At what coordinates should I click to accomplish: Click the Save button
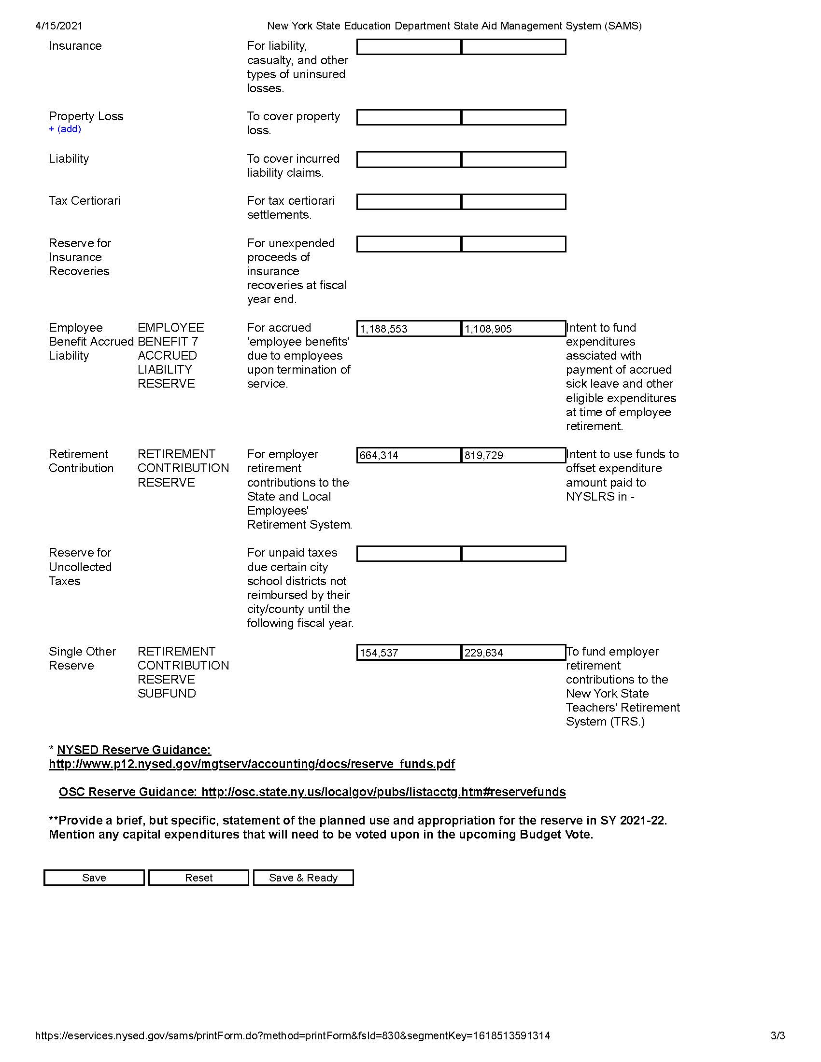[94, 878]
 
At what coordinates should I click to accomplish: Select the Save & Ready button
[303, 878]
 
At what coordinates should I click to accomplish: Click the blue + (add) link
[65, 129]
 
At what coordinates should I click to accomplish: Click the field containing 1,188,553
[409, 329]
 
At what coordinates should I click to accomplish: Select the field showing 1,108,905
[513, 329]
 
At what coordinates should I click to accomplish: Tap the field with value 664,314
[409, 455]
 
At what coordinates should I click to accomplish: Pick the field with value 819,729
[513, 455]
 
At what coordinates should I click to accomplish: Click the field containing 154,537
[409, 653]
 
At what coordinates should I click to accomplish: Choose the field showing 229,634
[513, 653]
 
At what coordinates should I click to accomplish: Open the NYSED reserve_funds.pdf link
[252, 764]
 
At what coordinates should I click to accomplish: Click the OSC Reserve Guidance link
[312, 792]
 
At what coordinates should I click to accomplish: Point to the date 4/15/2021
[59, 26]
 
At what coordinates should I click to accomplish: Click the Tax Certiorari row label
[84, 201]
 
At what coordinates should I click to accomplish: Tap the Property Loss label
[85, 116]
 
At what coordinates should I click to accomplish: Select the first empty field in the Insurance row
[409, 47]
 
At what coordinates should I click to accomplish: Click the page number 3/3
[778, 1035]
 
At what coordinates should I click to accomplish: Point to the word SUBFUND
[166, 694]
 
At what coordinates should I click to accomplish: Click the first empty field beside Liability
[409, 159]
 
